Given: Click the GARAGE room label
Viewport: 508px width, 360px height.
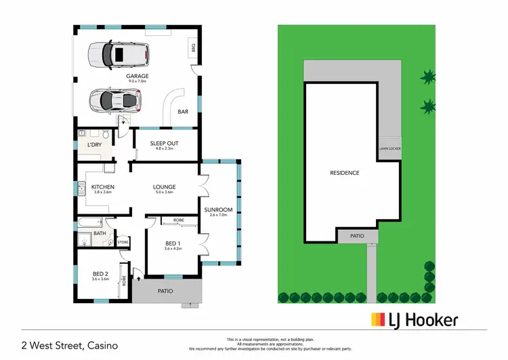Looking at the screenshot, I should click(137, 76).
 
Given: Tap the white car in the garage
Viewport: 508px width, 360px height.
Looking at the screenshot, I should click(117, 53).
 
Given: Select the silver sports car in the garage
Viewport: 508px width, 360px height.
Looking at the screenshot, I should click(114, 100).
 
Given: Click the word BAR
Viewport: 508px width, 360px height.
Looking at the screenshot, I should click(182, 112).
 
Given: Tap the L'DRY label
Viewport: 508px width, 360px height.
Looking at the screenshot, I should click(94, 145).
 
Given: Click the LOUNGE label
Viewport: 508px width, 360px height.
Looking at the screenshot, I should click(165, 187).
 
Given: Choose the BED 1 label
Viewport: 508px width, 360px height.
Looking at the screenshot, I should click(173, 243).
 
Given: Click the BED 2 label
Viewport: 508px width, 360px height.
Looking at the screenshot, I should click(100, 274).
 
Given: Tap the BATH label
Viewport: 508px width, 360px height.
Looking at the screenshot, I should click(100, 233).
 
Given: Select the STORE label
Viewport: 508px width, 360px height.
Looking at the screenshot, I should click(123, 242).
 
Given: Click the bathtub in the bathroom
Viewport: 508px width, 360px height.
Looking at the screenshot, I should click(89, 222).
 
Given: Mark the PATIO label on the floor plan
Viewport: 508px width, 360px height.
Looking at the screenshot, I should click(165, 291).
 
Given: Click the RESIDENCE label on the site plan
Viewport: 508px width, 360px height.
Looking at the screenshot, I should click(344, 173).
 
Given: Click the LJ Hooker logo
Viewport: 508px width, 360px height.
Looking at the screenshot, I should click(414, 320).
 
